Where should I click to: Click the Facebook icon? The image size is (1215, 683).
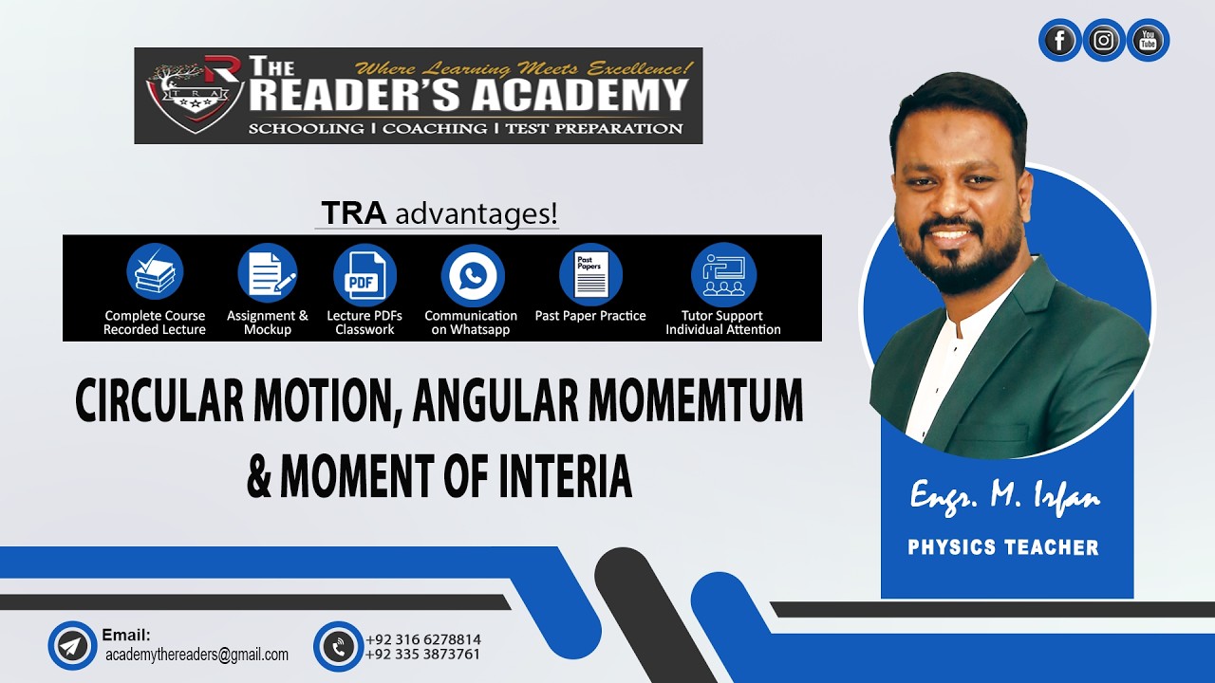click(1059, 41)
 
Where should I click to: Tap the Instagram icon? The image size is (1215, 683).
click(1104, 41)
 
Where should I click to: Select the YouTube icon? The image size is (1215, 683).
click(1148, 41)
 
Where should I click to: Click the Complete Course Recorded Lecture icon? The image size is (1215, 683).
click(155, 272)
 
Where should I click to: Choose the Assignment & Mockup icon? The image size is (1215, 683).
click(267, 272)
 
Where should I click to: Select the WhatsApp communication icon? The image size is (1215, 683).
click(472, 275)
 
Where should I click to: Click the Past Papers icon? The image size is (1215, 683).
click(590, 273)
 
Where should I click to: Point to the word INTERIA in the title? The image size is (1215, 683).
click(552, 477)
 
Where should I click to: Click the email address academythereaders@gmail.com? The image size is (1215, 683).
click(196, 655)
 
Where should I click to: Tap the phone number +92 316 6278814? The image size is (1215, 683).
click(423, 639)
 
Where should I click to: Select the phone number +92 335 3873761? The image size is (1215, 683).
click(423, 655)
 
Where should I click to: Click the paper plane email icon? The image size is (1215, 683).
click(72, 646)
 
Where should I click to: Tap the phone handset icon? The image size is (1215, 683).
click(338, 646)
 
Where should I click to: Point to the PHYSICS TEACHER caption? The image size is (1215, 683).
click(1003, 547)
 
